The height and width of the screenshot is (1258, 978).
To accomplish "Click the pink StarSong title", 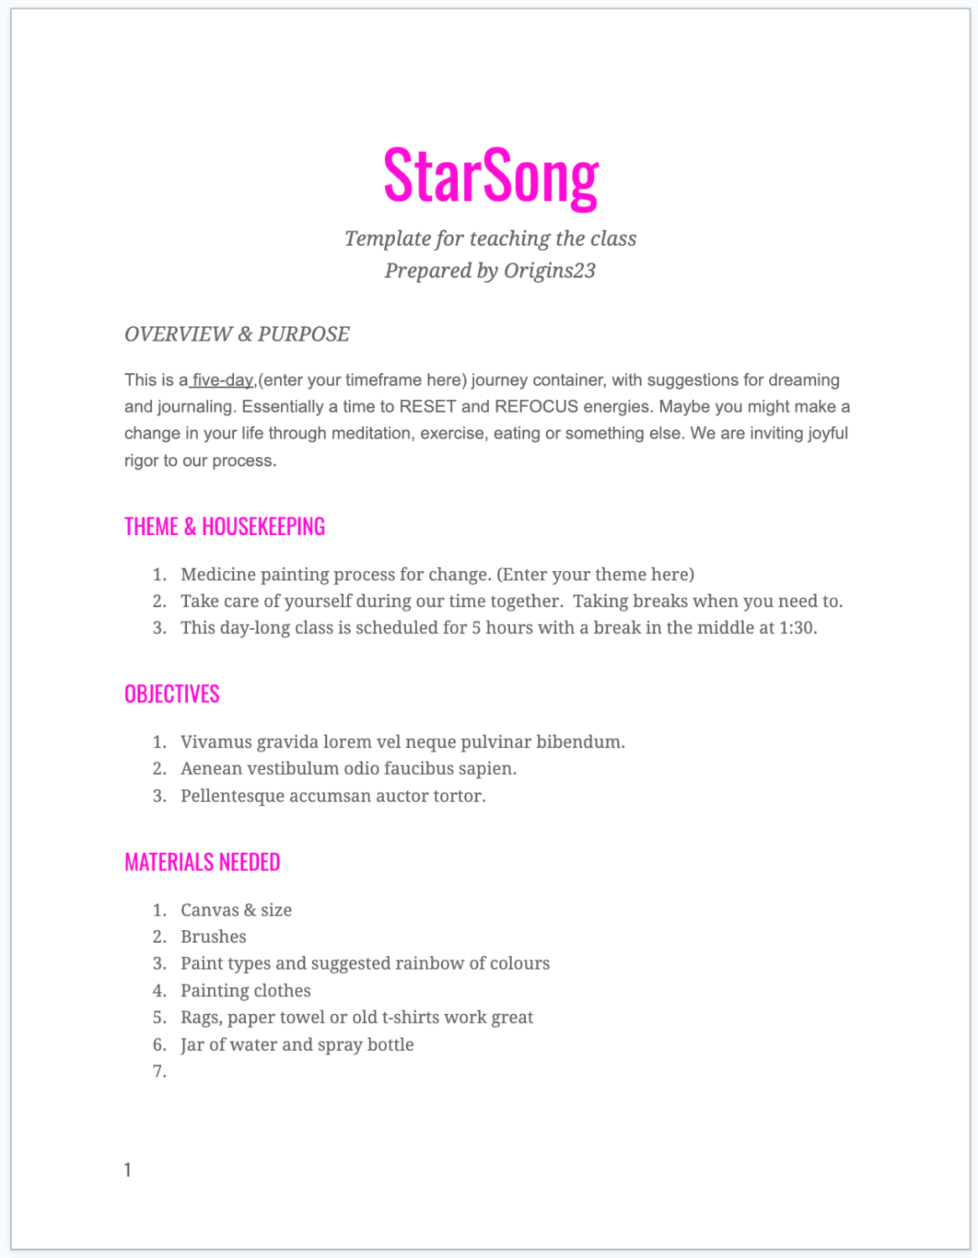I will [491, 176].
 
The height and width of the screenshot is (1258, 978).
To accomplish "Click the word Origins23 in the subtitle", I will [549, 271].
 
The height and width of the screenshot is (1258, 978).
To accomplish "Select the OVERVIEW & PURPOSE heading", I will [237, 334].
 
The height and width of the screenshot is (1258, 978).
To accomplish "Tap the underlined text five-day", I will [222, 380].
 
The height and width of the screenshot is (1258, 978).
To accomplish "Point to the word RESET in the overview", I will [428, 407].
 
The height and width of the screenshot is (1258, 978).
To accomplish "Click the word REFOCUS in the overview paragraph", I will [537, 407].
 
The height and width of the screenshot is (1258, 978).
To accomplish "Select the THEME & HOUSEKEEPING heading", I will [225, 527].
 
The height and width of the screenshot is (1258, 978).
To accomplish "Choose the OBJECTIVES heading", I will [172, 694].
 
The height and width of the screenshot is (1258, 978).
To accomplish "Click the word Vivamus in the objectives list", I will [216, 742].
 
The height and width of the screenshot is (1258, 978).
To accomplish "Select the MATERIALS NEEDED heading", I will [202, 862].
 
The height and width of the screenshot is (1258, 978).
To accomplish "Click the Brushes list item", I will [214, 937].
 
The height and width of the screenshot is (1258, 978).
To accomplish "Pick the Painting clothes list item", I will [246, 990].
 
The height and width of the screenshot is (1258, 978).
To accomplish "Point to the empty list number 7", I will [159, 1072].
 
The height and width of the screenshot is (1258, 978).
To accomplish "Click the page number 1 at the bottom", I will [127, 1170].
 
